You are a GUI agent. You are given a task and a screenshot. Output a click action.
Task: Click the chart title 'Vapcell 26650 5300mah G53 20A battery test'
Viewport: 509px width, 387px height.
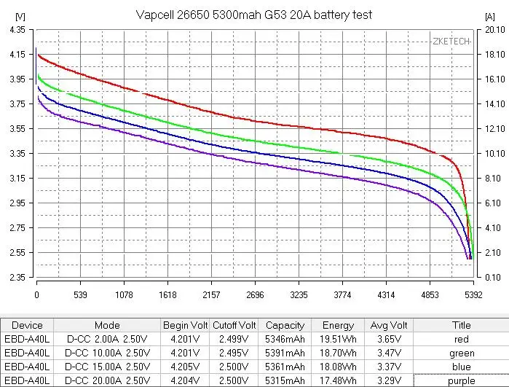[254, 15]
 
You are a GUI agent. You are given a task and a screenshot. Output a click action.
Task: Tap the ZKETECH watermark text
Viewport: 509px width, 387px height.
[451, 42]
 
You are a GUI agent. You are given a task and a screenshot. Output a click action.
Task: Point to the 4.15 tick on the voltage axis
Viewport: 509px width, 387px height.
[17, 54]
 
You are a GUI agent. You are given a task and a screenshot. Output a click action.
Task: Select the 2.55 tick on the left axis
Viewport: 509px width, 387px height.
[17, 252]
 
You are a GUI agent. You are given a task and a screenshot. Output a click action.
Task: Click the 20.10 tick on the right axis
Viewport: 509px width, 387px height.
[495, 30]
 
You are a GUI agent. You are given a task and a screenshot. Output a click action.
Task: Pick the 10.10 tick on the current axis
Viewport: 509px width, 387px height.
[495, 153]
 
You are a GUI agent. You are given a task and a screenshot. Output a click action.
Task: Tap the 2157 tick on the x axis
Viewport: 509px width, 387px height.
[211, 295]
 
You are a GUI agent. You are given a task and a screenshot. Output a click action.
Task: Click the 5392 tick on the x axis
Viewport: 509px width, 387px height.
[473, 295]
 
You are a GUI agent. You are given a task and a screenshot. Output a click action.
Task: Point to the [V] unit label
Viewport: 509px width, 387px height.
[20, 16]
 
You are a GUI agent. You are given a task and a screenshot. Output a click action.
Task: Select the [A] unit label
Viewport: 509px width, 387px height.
[489, 16]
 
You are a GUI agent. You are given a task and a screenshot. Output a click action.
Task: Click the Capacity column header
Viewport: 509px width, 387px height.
[285, 325]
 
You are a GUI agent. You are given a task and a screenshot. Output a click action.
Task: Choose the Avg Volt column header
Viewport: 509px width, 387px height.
[389, 325]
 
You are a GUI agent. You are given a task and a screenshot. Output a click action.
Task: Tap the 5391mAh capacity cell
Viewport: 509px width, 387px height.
[285, 353]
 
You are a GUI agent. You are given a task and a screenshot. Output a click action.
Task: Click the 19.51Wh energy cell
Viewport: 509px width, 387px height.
[338, 339]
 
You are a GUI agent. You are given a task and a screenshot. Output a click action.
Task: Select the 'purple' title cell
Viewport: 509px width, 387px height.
[461, 381]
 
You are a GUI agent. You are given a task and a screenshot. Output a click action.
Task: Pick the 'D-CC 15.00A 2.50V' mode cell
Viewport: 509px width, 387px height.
[108, 367]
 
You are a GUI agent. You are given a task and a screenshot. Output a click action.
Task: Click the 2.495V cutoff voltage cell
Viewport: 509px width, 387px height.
[234, 353]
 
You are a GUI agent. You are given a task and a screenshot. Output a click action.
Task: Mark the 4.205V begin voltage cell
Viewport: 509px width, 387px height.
[185, 367]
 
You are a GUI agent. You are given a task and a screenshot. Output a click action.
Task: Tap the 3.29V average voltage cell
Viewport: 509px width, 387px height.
[389, 380]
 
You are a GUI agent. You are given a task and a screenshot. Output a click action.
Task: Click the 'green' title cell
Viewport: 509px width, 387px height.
[462, 353]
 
